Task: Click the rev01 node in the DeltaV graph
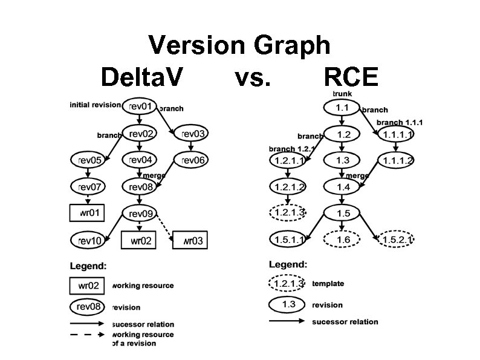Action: [x=140, y=106]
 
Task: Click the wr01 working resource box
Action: [x=89, y=213]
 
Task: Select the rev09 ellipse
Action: [x=140, y=213]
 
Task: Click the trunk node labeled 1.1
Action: [x=342, y=107]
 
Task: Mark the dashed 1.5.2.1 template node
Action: [x=397, y=240]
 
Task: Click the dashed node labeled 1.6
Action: [x=343, y=240]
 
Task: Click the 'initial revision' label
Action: [x=95, y=105]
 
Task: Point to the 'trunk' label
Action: [x=342, y=94]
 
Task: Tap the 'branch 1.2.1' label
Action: [x=291, y=148]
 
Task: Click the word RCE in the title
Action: [x=351, y=77]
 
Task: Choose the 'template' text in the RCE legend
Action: [x=328, y=283]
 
